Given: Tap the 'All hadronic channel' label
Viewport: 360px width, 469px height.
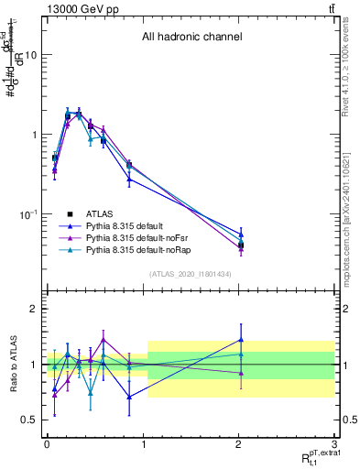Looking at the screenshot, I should (191, 38).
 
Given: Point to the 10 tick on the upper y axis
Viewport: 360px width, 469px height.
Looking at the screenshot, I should (32, 55).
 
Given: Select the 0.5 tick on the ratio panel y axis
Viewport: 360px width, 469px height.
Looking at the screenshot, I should (30, 420).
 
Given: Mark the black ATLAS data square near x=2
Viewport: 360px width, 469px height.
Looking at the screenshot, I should (240, 245).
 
